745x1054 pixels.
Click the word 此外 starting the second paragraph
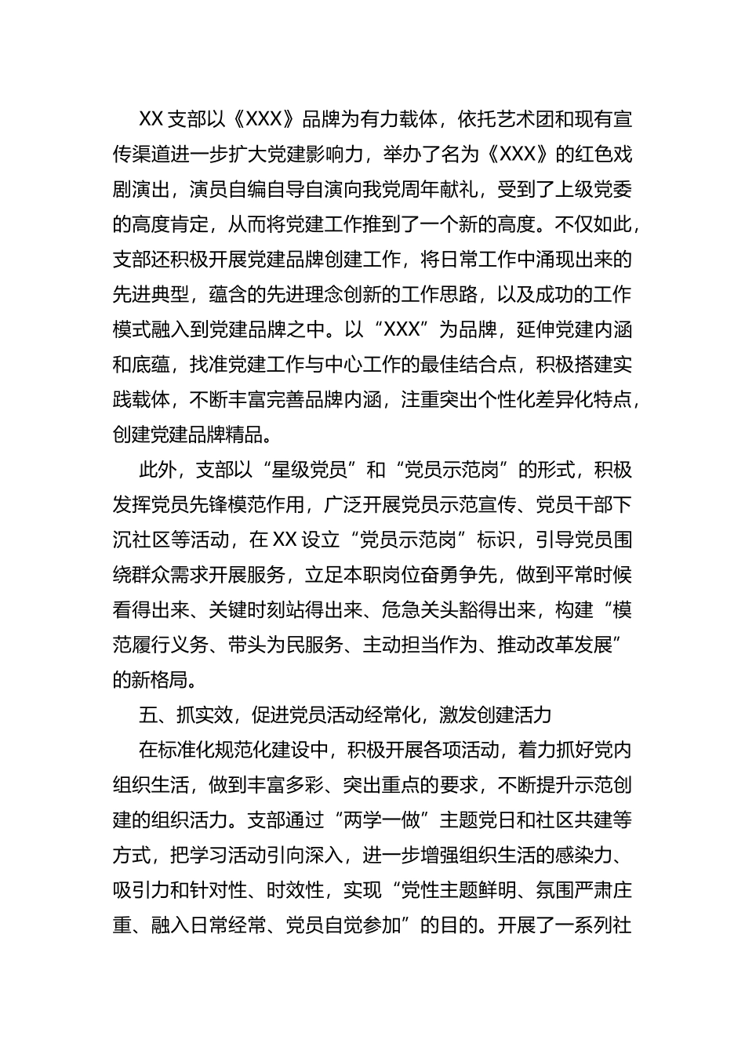tap(158, 471)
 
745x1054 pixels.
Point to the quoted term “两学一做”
tap(378, 820)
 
